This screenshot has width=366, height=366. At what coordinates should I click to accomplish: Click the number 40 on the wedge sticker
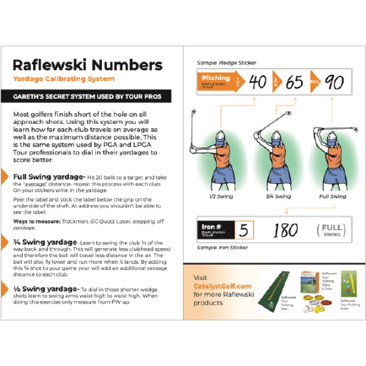258,83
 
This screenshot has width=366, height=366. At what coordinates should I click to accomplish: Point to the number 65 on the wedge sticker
293,83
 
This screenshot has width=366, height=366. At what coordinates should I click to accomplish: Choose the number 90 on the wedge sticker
333,83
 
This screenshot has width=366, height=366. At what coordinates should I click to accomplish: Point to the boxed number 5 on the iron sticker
244,230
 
